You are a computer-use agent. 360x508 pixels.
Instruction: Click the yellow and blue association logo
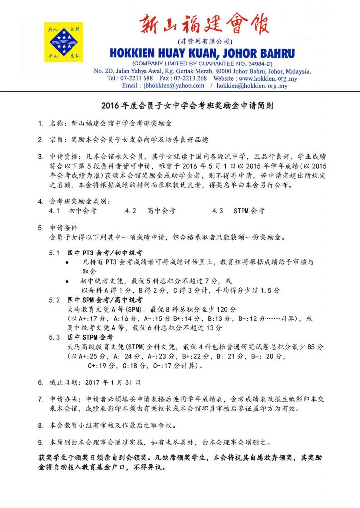(x=64, y=42)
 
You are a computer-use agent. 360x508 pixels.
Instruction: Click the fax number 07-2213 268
(x=190, y=78)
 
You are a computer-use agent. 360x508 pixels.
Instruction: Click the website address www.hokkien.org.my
(x=271, y=78)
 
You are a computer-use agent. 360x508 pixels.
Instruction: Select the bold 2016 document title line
(x=180, y=106)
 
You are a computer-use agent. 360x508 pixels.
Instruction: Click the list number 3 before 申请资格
(x=41, y=157)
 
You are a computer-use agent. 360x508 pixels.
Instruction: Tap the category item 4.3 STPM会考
(x=238, y=211)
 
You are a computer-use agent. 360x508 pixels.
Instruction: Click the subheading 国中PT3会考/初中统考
(x=105, y=253)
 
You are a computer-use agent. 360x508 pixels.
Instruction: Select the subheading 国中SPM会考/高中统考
(x=105, y=300)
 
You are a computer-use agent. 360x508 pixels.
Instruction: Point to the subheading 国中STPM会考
(x=90, y=338)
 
